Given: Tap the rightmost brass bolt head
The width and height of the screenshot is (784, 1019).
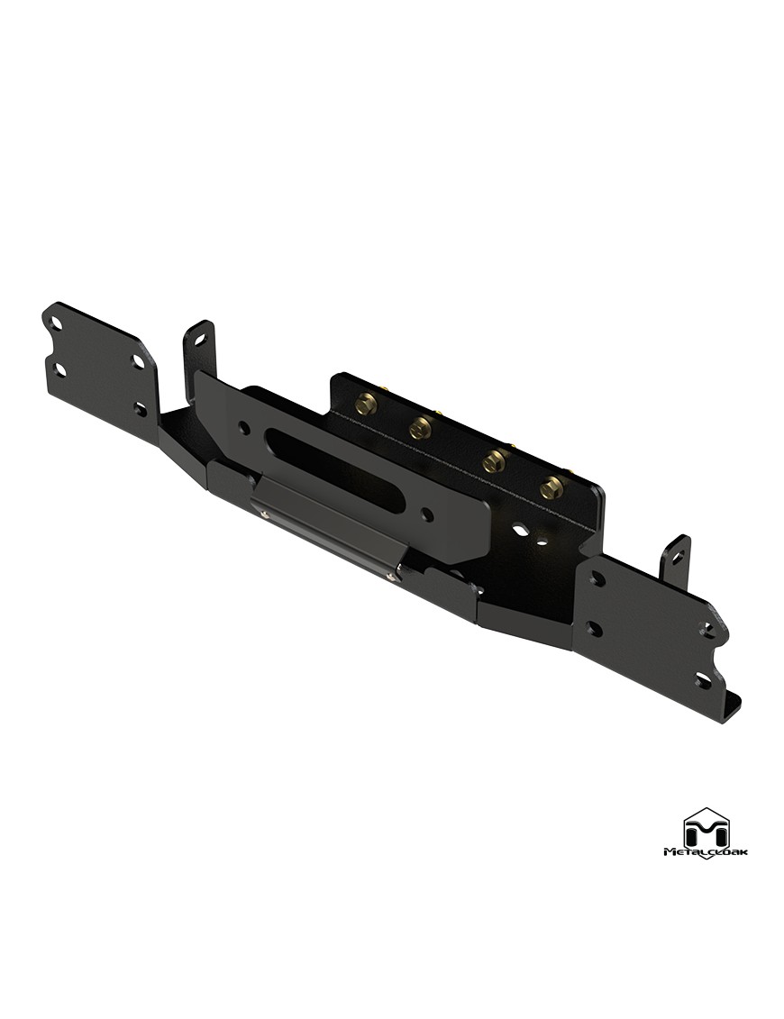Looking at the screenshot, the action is (x=552, y=487).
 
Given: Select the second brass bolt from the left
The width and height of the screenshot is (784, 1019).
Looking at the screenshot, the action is (x=421, y=428).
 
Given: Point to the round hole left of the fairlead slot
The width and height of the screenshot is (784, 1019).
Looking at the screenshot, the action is (x=244, y=427).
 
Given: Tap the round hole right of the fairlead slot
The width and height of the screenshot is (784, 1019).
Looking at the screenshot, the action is (x=427, y=514).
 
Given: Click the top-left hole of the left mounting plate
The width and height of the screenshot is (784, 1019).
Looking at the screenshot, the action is (x=57, y=323).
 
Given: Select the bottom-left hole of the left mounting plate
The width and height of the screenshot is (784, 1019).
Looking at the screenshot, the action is (x=59, y=369).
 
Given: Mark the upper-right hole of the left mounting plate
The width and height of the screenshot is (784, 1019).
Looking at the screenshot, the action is (x=139, y=361).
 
